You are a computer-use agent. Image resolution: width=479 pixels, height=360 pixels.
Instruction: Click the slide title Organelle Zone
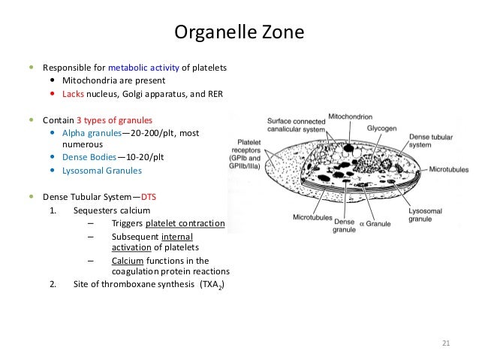[239, 32]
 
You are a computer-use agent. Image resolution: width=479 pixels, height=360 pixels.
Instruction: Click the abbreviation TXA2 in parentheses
[212, 286]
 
